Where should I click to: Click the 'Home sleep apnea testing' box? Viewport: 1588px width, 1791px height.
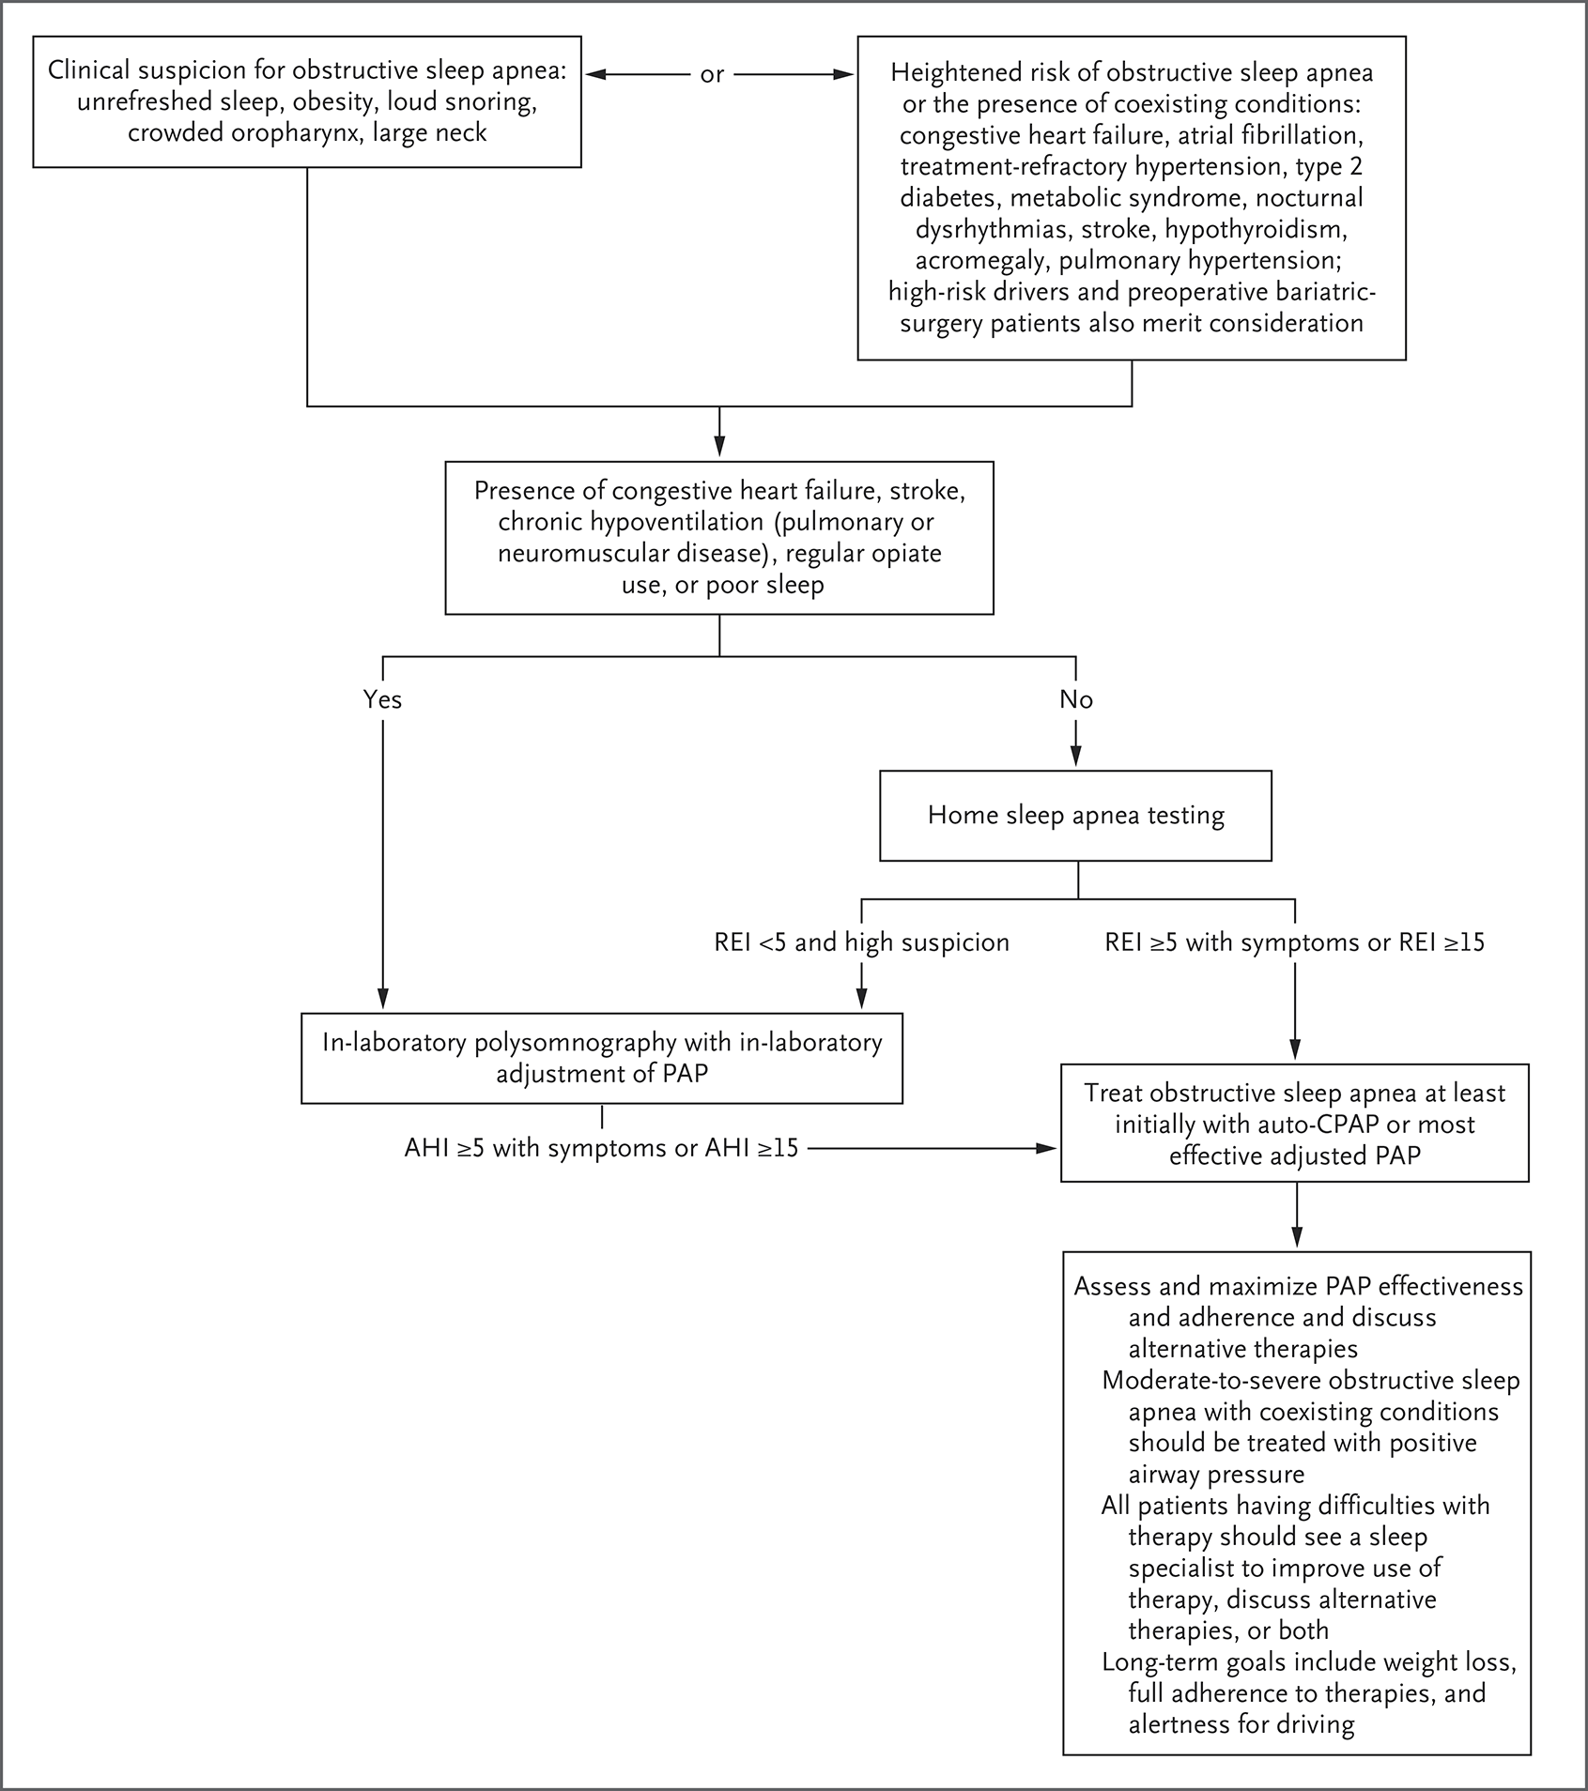point(1075,816)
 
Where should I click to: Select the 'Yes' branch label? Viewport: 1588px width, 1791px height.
point(382,699)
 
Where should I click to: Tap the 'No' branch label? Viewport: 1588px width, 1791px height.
point(1076,699)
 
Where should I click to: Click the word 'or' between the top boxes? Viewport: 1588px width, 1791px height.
point(713,74)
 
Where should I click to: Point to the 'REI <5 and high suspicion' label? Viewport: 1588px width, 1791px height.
point(861,942)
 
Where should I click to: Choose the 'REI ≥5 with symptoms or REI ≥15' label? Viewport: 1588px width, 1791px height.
point(1295,942)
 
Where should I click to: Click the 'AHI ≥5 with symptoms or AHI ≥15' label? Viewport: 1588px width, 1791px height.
point(601,1147)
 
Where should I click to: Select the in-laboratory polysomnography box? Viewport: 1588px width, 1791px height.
point(602,1058)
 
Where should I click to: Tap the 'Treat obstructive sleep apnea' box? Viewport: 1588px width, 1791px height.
point(1295,1123)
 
